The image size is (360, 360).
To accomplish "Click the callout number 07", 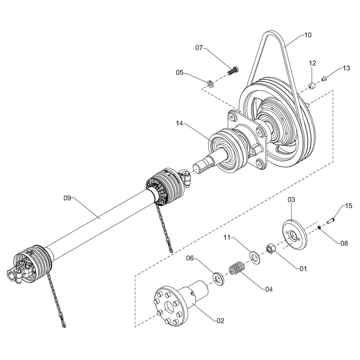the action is point(199,48).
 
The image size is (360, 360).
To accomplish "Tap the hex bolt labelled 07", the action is point(233,71).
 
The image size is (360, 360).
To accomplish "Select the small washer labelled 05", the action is point(210,84).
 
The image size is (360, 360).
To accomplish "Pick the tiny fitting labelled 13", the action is point(324,80).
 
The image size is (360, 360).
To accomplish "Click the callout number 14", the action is point(180,123).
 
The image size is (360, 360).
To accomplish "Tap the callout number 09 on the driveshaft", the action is point(68,198).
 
